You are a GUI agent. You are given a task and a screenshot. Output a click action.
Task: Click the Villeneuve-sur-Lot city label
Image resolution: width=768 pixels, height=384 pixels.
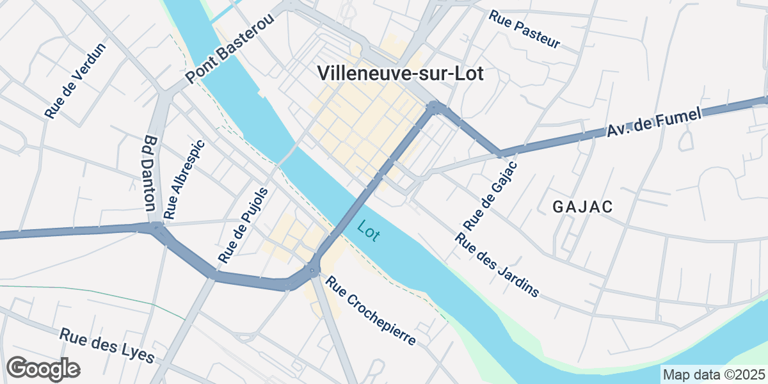(x=401, y=74)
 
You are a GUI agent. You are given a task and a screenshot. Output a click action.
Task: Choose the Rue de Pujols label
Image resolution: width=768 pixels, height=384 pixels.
(x=243, y=225)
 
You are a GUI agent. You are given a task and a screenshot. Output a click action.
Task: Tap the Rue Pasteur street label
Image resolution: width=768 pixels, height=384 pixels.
(x=524, y=29)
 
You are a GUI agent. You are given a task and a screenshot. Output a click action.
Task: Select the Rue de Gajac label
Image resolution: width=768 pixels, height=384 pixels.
(x=490, y=196)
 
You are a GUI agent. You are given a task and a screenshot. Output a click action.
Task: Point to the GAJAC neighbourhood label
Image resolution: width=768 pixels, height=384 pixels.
(x=582, y=207)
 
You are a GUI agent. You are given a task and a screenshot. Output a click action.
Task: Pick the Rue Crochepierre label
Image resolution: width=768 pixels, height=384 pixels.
(x=371, y=310)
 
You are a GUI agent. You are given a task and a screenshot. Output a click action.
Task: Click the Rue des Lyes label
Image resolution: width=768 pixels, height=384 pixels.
(x=107, y=345)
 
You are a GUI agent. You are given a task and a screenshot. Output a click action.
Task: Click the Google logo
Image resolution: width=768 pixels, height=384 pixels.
(x=43, y=369)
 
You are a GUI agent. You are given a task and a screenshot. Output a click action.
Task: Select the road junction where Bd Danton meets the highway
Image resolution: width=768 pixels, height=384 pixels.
(x=156, y=227)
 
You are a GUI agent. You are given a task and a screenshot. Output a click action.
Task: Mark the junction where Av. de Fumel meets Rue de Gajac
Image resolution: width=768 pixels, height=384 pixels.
(x=500, y=154)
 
